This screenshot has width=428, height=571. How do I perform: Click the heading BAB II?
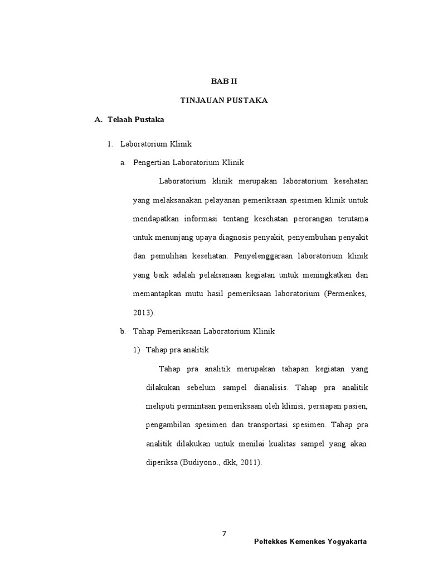(224, 81)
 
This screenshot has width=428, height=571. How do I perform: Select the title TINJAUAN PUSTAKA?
(224, 100)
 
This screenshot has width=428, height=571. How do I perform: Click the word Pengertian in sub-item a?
(152, 163)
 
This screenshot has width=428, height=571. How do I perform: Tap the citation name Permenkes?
(346, 293)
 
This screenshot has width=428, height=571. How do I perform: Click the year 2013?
(142, 312)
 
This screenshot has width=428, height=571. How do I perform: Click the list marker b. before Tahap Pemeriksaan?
(123, 331)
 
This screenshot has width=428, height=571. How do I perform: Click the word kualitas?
(287, 444)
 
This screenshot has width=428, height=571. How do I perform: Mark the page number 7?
(224, 534)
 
